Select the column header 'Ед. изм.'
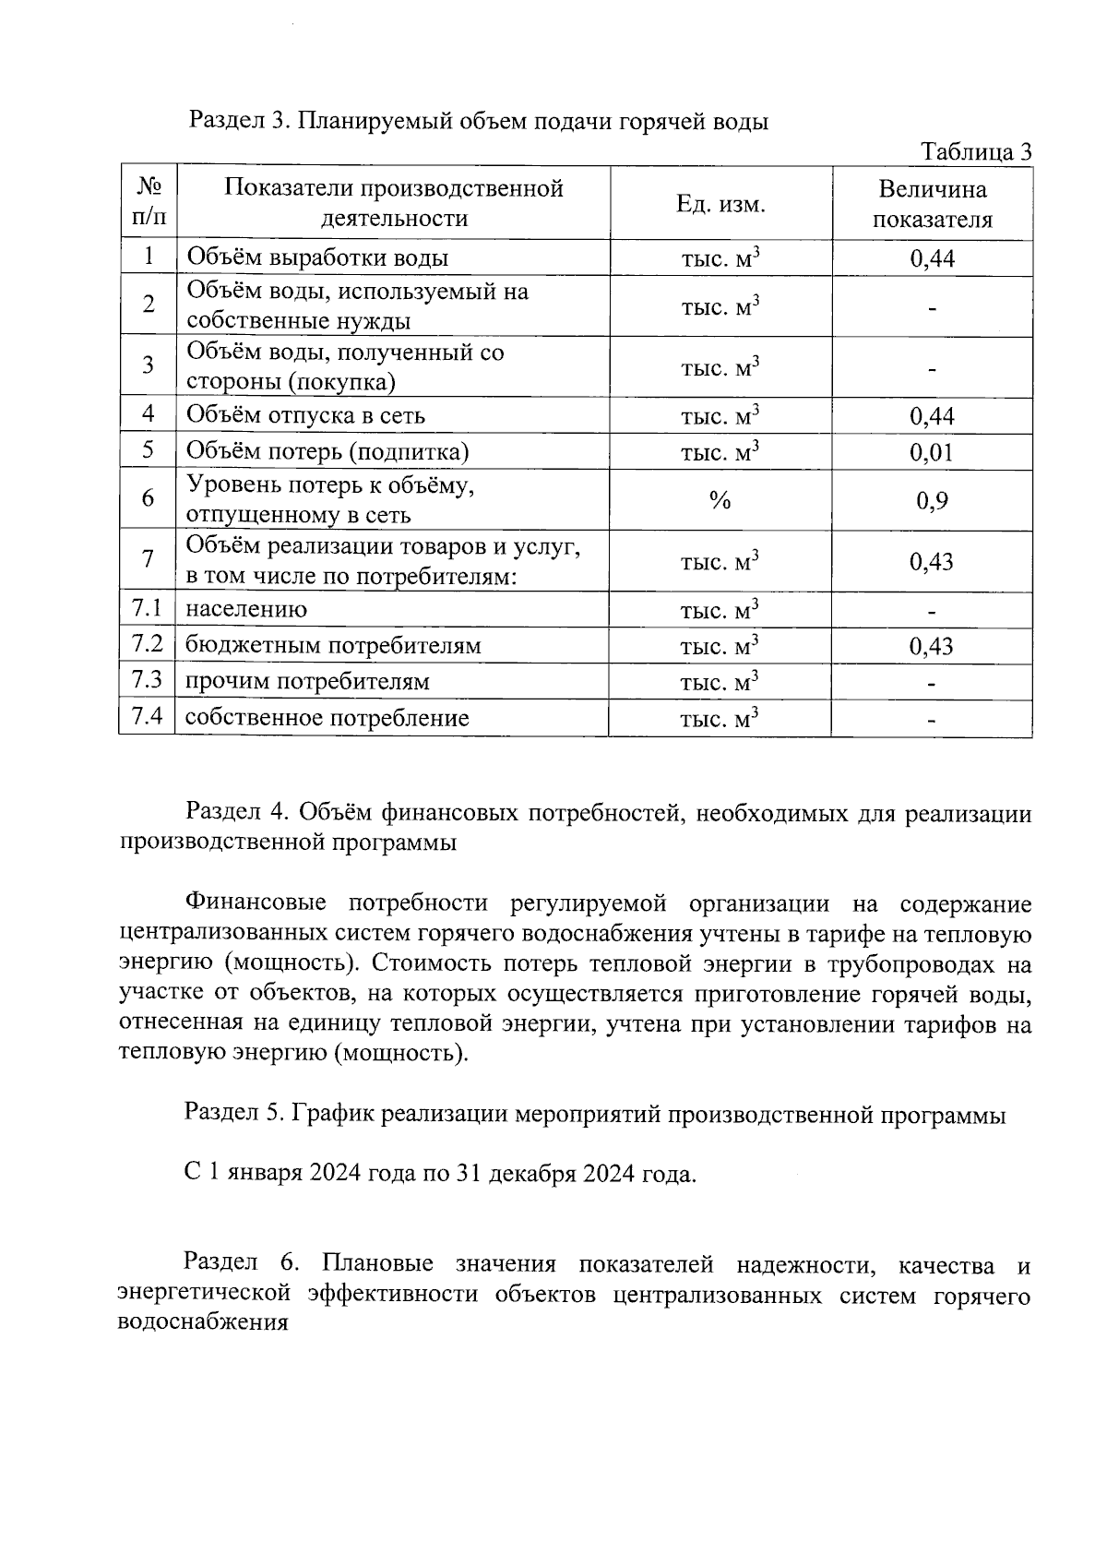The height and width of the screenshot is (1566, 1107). click(720, 204)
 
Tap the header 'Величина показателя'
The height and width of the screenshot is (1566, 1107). click(932, 204)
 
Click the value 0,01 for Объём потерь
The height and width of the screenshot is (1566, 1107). click(932, 452)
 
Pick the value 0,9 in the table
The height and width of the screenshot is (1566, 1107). click(932, 500)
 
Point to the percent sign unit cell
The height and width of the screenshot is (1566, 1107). click(720, 500)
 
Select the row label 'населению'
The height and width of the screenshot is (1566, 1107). click(246, 610)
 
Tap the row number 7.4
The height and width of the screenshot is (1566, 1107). click(147, 717)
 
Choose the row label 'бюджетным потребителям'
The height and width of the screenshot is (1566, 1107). click(333, 646)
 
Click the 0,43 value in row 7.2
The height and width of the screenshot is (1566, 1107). click(932, 646)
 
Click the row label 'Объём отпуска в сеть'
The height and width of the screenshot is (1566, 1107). click(305, 415)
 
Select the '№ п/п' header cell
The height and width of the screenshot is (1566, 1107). click(148, 204)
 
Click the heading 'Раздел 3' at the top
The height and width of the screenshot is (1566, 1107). click(478, 121)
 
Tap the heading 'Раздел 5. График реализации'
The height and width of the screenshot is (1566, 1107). click(594, 1114)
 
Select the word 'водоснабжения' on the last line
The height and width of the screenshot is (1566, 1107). click(204, 1322)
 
